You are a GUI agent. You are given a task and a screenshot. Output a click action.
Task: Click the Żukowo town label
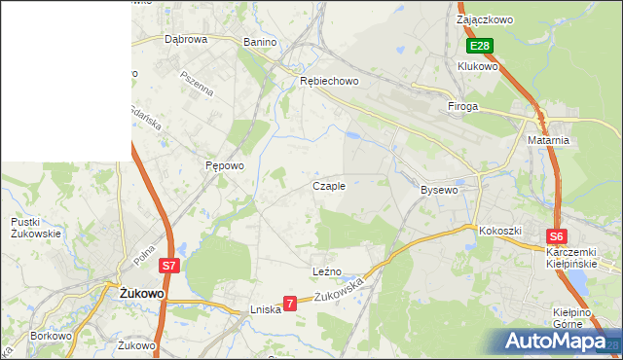coord(140,292)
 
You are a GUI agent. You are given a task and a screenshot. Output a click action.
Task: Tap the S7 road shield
coord(169,265)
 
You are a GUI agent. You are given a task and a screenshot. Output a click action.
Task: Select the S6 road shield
coord(556,236)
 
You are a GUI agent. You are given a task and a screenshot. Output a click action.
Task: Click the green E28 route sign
coord(479,46)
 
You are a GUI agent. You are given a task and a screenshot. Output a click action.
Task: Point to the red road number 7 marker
coord(289,305)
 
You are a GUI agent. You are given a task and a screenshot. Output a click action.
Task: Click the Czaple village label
coord(328,186)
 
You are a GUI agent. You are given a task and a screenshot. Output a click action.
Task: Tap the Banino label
coord(260,43)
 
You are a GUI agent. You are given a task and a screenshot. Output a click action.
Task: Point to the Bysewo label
coord(438,190)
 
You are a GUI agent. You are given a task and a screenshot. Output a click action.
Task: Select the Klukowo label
coord(478,66)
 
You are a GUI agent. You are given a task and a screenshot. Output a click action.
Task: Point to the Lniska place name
coord(265,309)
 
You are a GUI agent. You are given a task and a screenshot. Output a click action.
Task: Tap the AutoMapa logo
coord(558,342)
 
